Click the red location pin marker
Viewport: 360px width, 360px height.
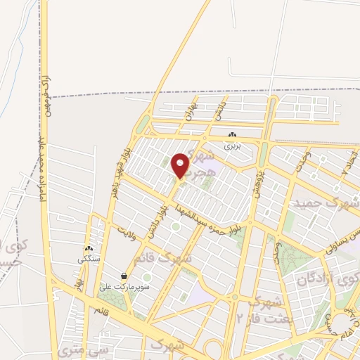(180, 165)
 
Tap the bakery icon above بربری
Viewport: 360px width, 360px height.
(233, 135)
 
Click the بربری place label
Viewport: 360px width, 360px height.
(233, 146)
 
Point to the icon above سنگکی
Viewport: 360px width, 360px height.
(89, 249)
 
